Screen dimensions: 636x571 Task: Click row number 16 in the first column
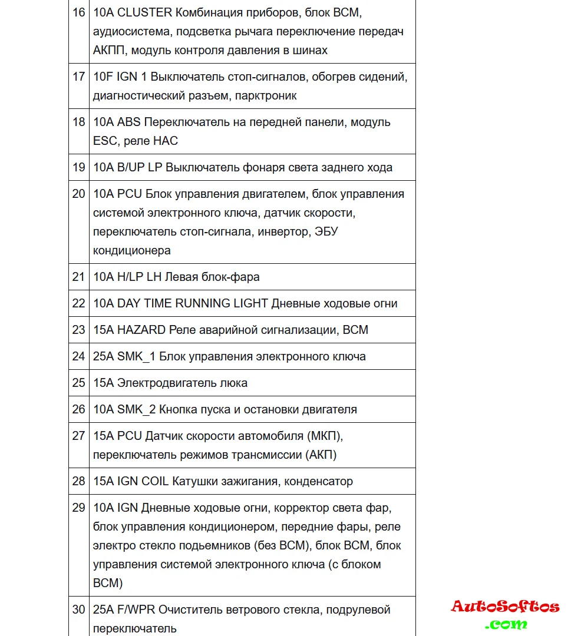pos(78,12)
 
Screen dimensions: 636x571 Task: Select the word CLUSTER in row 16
pos(145,12)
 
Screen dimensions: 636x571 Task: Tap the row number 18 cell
pos(78,122)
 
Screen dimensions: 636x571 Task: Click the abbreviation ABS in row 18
pos(129,122)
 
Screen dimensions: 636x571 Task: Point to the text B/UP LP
pos(140,167)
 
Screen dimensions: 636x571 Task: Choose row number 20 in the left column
pos(78,194)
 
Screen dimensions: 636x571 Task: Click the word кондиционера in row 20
pos(132,250)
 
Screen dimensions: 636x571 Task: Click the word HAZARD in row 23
pos(141,330)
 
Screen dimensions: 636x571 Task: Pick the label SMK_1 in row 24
pos(137,356)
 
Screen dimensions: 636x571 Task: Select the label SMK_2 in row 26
pos(137,409)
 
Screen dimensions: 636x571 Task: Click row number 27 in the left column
pos(78,436)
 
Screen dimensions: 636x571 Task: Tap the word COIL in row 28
pos(155,481)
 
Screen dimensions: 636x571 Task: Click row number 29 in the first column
pos(78,508)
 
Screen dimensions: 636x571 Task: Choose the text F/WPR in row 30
pos(136,609)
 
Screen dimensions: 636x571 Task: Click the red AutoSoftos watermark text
pos(505,607)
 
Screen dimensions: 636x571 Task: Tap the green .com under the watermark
pos(506,624)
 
